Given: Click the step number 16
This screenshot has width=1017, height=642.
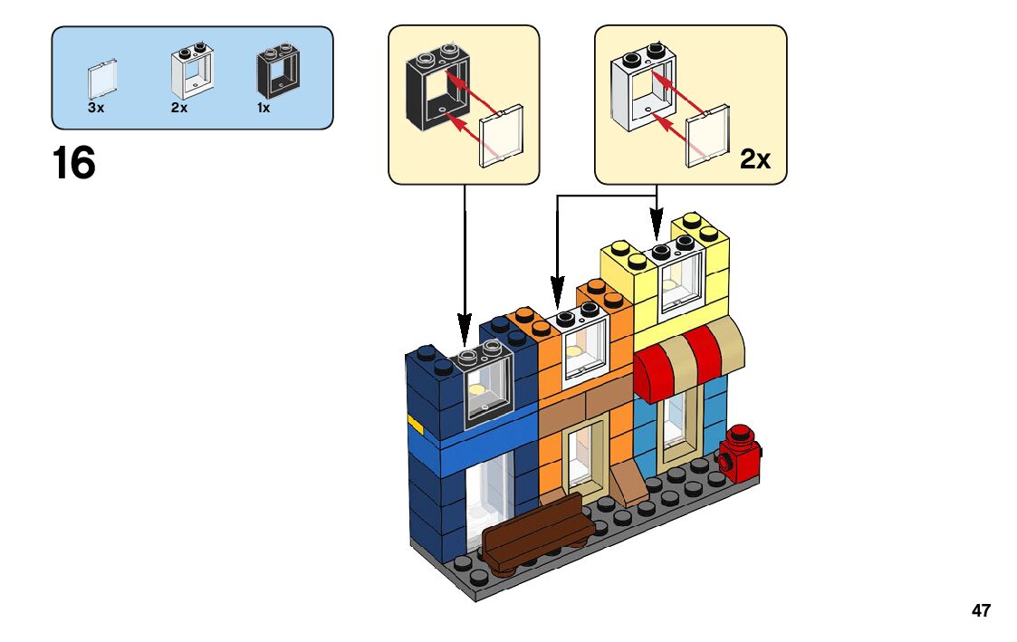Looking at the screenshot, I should point(74,164).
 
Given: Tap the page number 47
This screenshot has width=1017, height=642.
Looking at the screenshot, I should point(981,611).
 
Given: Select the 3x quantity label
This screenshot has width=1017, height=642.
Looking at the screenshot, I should point(96,108).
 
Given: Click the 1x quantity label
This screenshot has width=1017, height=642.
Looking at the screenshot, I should point(264,108).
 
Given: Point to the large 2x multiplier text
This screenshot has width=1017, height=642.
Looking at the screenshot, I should point(755,159).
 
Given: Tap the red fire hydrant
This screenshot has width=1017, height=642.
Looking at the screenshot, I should point(741,454).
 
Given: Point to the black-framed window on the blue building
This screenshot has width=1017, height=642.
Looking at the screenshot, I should point(487,386).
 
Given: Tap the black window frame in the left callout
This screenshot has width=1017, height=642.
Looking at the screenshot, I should point(435,86).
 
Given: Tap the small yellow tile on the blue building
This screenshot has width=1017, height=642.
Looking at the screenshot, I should point(417,422).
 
